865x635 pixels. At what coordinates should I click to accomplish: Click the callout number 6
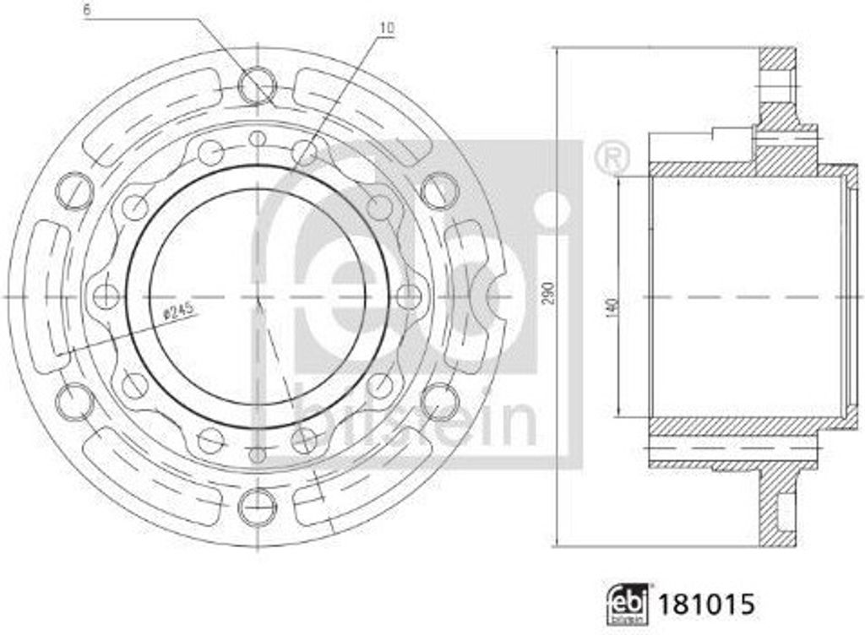pyautogui.click(x=87, y=11)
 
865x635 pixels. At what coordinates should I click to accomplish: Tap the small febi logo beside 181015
pyautogui.click(x=625, y=605)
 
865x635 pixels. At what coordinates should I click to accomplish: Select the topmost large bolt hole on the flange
pyautogui.click(x=257, y=86)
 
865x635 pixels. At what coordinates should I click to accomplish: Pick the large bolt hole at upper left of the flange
pyautogui.click(x=74, y=189)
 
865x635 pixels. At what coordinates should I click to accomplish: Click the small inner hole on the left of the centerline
pyautogui.click(x=106, y=296)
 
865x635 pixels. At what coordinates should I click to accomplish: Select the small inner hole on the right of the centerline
pyautogui.click(x=408, y=296)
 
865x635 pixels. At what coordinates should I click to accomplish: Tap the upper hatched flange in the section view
pyautogui.click(x=778, y=93)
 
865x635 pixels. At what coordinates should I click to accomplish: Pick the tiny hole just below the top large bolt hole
pyautogui.click(x=258, y=138)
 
